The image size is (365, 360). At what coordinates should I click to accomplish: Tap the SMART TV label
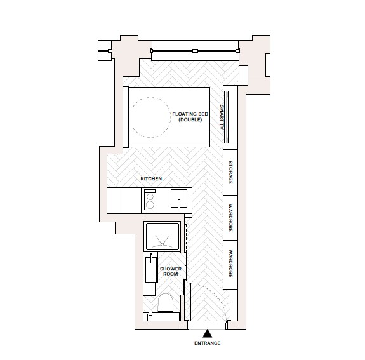pos(222,117)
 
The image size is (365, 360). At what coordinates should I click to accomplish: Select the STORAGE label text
pos(230,172)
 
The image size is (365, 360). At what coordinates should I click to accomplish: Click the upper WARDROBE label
pos(230,218)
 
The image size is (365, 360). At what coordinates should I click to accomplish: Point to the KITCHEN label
pos(151,179)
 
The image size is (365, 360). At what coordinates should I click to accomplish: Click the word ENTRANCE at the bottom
pos(207,343)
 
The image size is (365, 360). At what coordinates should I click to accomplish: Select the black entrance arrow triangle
pos(207,332)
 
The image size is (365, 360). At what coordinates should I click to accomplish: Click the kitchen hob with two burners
pos(151,201)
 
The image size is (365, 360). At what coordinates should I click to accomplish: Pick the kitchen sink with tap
pos(179,200)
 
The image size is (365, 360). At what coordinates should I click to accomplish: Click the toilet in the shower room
pos(166,303)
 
